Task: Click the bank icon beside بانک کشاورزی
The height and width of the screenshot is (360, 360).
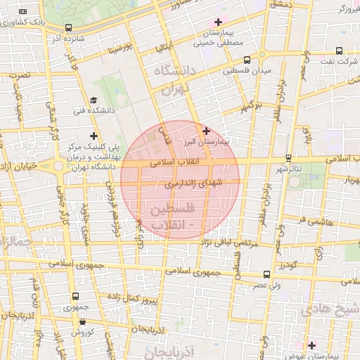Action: [24, 12]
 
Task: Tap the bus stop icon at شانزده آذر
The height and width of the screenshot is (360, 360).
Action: [67, 28]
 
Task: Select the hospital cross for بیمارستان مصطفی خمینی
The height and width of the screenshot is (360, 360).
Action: [219, 22]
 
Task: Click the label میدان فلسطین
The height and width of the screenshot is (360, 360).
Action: [247, 72]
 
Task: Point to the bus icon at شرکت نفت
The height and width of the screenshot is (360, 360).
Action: [340, 51]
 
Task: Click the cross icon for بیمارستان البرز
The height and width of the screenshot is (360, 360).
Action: [206, 131]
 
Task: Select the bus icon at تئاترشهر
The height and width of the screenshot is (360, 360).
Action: [288, 158]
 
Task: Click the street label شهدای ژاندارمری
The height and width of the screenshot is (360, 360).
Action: [192, 184]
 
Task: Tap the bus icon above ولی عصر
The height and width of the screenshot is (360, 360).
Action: [266, 274]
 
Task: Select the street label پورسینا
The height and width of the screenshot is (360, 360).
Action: [117, 50]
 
